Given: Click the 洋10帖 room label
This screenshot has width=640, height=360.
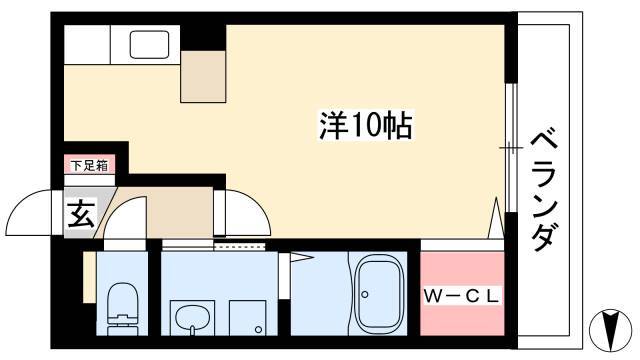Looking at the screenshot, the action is point(365,125).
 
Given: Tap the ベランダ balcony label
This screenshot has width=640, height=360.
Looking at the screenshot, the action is point(544,191).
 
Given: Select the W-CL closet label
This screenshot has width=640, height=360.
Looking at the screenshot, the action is point(462,296).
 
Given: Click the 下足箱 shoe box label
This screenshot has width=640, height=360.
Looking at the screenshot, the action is point(89,166).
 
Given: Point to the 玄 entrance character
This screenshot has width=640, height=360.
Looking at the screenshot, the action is point(81,213).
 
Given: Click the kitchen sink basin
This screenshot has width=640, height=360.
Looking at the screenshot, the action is point(149,44).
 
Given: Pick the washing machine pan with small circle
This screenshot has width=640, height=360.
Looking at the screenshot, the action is point(248,318).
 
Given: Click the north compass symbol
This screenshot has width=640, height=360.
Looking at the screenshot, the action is point(611,330).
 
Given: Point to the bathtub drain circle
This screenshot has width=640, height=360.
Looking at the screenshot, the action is point(365,294).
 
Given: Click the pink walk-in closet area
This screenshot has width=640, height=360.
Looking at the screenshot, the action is point(462,293).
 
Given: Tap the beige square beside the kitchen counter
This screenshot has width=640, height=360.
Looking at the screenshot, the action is point(203,77).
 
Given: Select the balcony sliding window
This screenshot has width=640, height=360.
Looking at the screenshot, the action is point(511,147).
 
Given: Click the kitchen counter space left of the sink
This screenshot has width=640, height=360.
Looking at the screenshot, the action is point(87,44).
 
